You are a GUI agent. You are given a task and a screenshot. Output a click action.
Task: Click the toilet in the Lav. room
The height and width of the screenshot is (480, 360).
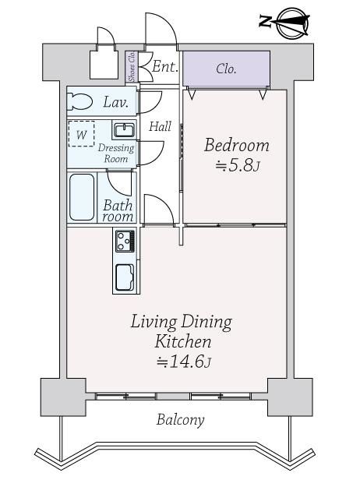click(x=79, y=101)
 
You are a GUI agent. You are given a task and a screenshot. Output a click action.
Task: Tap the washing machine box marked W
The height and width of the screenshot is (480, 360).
click(x=81, y=134)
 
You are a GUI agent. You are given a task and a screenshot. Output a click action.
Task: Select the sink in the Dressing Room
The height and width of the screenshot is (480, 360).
click(x=124, y=130)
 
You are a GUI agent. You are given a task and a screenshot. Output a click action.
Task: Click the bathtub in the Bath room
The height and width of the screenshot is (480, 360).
click(x=82, y=197)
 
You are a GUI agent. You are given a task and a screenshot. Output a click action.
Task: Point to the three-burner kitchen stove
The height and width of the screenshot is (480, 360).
click(x=125, y=241)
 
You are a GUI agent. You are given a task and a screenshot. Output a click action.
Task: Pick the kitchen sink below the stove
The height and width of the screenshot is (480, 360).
click(x=125, y=277)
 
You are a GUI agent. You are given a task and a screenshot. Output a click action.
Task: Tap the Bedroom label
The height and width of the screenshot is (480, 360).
click(x=237, y=146)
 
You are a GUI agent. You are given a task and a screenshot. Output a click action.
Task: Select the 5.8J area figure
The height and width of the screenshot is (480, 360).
click(x=238, y=166)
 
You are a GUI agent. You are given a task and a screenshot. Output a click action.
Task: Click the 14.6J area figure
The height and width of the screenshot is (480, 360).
click(x=184, y=362)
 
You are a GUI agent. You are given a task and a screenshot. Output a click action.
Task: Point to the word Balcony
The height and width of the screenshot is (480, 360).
click(x=180, y=420)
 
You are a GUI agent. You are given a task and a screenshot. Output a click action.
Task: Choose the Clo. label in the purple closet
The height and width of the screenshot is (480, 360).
click(x=226, y=69)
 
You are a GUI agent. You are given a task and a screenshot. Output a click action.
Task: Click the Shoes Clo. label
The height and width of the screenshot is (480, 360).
click(x=132, y=66)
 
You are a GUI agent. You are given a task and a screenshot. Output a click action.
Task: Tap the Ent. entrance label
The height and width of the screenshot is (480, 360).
click(x=165, y=67)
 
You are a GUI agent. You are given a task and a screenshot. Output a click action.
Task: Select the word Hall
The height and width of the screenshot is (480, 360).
click(x=160, y=126)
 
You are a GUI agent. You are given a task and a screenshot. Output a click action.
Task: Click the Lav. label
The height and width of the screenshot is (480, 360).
click(x=115, y=102)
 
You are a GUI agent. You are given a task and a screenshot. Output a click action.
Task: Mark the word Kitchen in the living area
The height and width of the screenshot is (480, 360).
click(x=183, y=341)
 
